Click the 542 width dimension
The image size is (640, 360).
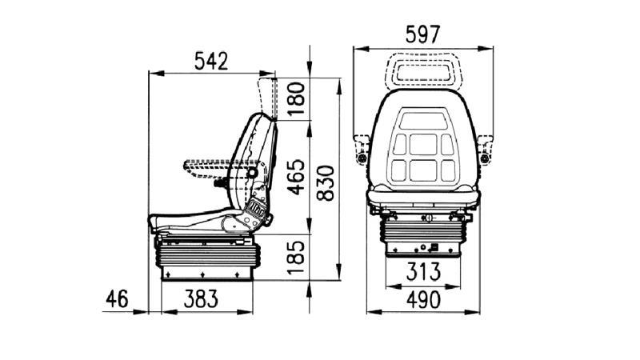pyautogui.click(x=211, y=62)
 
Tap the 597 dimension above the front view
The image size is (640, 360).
pyautogui.click(x=423, y=34)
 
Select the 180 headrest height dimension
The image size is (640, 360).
pyautogui.click(x=296, y=98)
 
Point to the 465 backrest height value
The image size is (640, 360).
pyautogui.click(x=296, y=176)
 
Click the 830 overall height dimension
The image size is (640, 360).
pyautogui.click(x=326, y=183)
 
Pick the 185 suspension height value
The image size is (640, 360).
pyautogui.click(x=296, y=257)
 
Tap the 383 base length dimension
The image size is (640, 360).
pyautogui.click(x=201, y=298)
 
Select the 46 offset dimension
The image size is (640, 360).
pyautogui.click(x=117, y=298)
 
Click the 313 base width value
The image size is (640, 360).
pyautogui.click(x=423, y=271)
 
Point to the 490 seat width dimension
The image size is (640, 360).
pyautogui.click(x=423, y=300)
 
